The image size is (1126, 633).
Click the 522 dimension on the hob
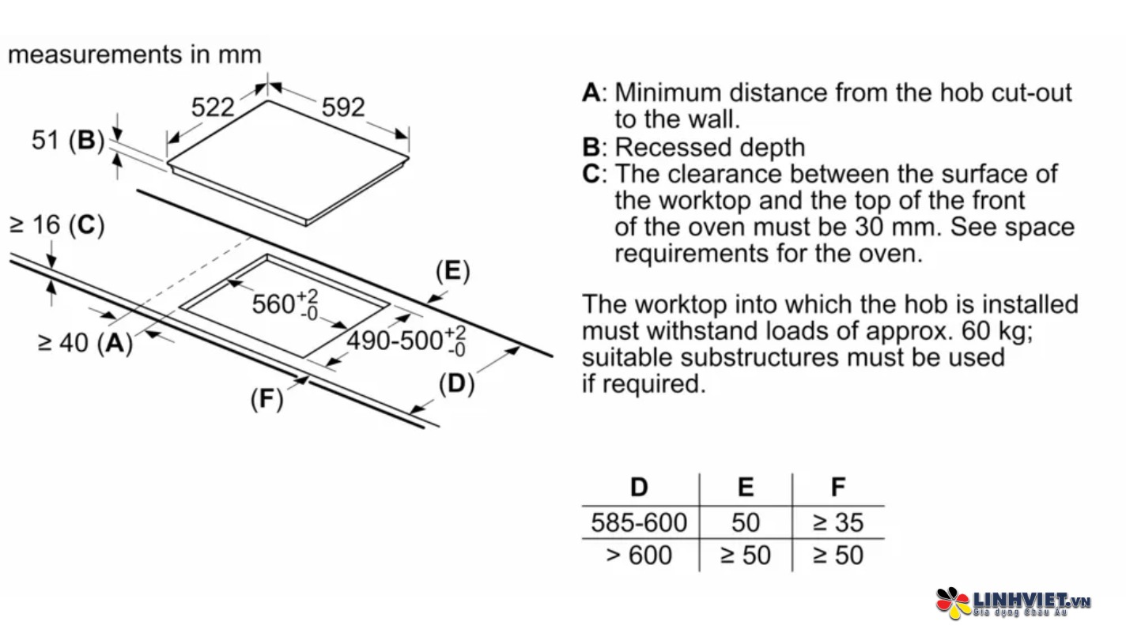[213, 107]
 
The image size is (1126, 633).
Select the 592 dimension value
[343, 107]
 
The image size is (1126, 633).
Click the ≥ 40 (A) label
[85, 343]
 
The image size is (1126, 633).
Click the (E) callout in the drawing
[452, 272]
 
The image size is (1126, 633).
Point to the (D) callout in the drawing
[456, 385]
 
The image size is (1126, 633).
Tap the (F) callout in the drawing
[266, 400]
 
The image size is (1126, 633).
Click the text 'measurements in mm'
[134, 55]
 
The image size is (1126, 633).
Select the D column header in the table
[639, 488]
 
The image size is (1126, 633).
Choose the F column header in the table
[838, 488]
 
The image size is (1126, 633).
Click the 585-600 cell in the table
[639, 522]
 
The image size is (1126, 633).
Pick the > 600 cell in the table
[639, 555]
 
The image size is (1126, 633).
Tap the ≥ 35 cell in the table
[838, 522]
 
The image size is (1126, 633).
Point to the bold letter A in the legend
[591, 93]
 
